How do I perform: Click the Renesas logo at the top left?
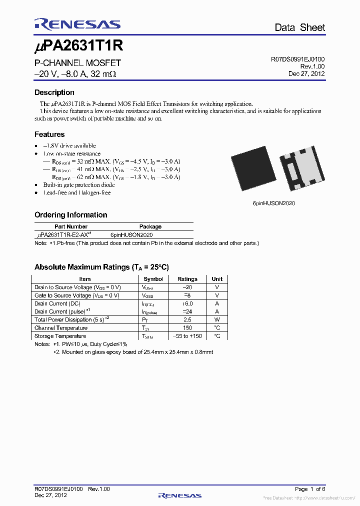[x=77, y=24]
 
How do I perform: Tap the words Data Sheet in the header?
[x=299, y=27]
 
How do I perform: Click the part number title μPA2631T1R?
[x=78, y=46]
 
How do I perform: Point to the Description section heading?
[x=54, y=92]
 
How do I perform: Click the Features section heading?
[x=49, y=134]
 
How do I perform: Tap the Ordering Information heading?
[x=70, y=215]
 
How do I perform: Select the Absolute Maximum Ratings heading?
[x=105, y=267]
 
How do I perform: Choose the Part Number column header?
[x=70, y=226]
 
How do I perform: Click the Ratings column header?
[x=187, y=279]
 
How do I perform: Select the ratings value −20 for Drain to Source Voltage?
[x=187, y=287]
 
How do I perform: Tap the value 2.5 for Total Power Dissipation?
[x=187, y=319]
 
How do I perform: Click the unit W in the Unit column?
[x=217, y=319]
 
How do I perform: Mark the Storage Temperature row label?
[x=60, y=336]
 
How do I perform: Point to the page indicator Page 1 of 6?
[x=310, y=489]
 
